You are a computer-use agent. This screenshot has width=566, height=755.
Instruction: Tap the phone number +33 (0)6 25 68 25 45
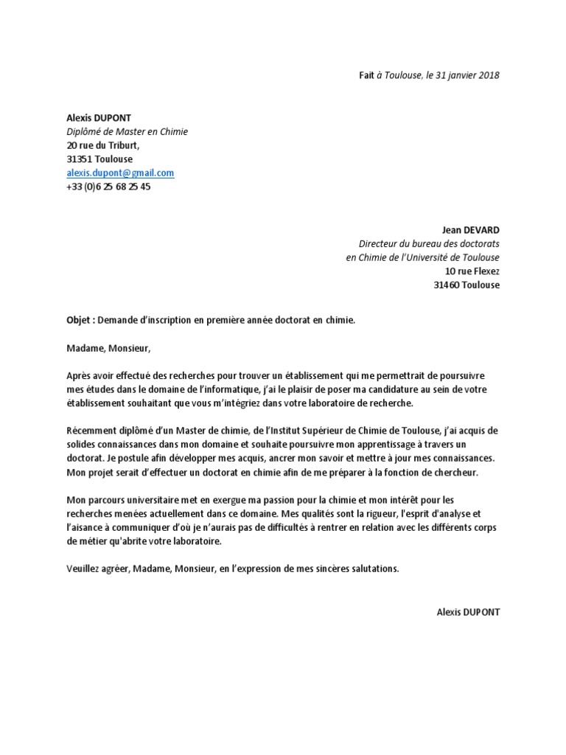pos(108,187)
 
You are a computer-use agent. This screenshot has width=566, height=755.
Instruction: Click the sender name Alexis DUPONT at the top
pos(99,118)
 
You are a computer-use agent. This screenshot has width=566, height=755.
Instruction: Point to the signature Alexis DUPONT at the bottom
pos(467,613)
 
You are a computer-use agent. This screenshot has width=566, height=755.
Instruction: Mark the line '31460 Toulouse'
pos(467,285)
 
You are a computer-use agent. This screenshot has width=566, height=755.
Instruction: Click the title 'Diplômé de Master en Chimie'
pos(127,132)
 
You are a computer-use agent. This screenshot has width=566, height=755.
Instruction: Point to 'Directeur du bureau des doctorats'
pos(429,244)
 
